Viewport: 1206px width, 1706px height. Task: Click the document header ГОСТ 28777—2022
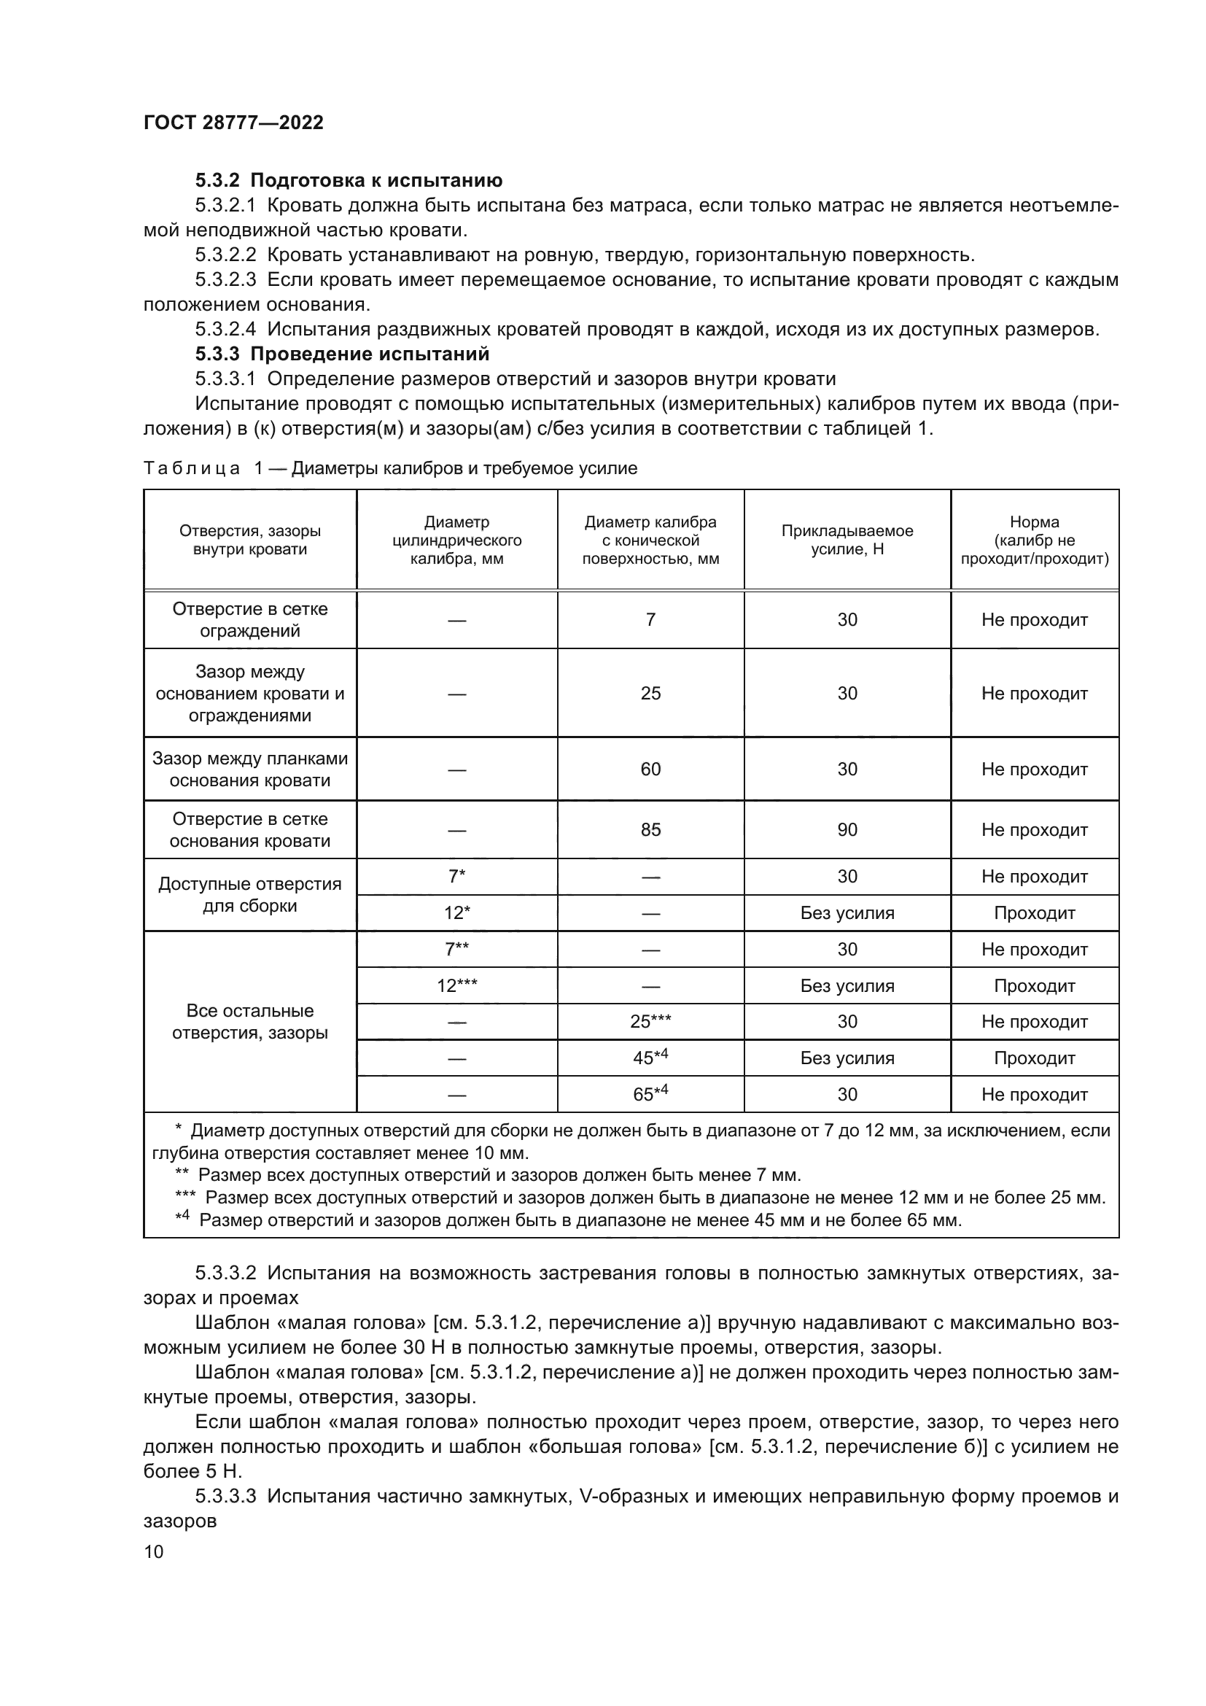(x=233, y=123)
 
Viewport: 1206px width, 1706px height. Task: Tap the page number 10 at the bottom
(x=154, y=1551)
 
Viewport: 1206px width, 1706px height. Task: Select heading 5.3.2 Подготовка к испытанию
(x=349, y=181)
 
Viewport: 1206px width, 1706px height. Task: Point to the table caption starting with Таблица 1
(x=390, y=468)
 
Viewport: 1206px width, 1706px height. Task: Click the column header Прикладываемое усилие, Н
(x=847, y=540)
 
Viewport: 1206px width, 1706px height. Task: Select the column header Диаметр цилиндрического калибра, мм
(x=456, y=540)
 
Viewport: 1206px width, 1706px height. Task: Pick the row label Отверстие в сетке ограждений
(x=249, y=620)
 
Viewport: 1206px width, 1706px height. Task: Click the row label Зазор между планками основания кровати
(x=249, y=769)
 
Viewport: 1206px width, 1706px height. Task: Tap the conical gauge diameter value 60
(x=650, y=769)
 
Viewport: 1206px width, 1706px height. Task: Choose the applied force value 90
(x=847, y=830)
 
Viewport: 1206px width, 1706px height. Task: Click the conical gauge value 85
(x=650, y=830)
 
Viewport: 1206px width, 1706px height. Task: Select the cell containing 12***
(x=456, y=986)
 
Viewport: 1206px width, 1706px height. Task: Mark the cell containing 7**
(x=456, y=950)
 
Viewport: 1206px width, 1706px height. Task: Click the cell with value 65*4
(x=650, y=1094)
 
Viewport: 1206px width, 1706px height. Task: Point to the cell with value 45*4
(x=650, y=1058)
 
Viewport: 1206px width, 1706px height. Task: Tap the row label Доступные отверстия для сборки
(x=249, y=895)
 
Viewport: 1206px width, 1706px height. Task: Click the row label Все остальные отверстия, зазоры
(x=249, y=1022)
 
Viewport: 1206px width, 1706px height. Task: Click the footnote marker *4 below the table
(x=183, y=1217)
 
